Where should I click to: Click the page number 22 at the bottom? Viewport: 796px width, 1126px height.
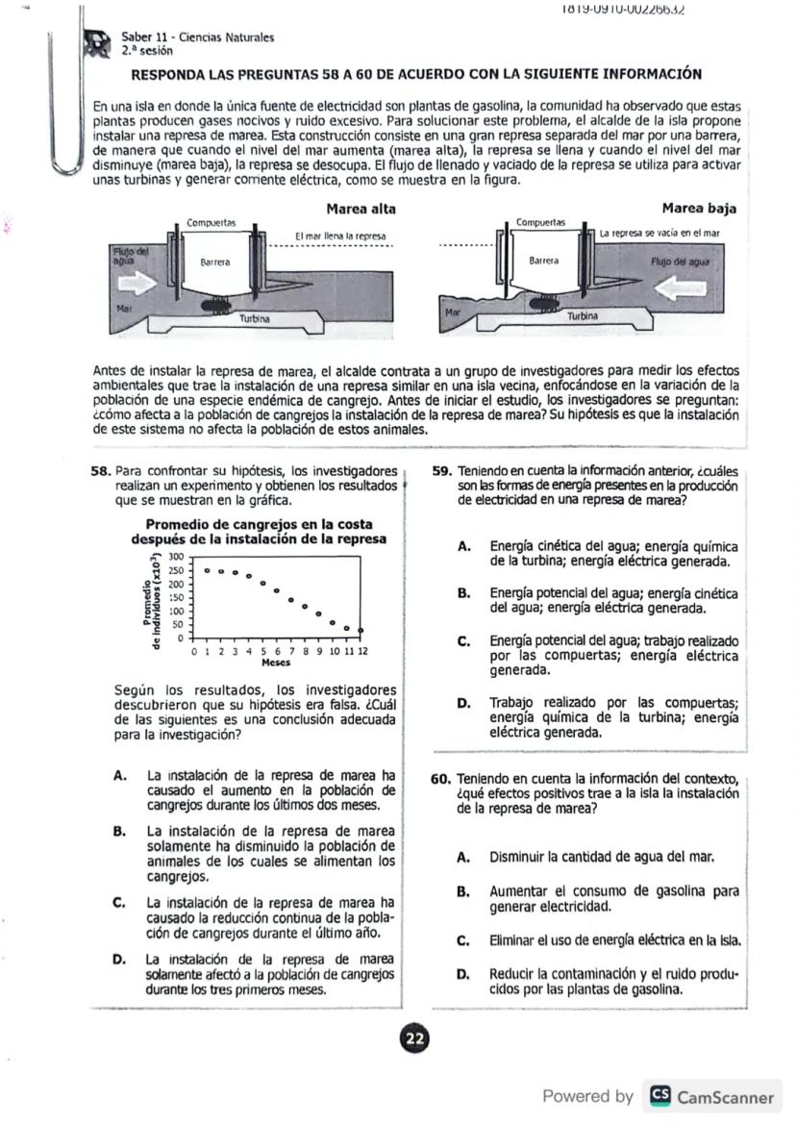(x=414, y=1038)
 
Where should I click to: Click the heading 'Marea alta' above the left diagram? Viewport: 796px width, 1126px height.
(x=361, y=209)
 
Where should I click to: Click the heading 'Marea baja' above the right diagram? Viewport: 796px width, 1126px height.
(x=698, y=209)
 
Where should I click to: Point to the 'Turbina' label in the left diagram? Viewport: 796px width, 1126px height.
(x=254, y=317)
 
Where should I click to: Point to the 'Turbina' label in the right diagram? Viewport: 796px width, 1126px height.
(x=583, y=315)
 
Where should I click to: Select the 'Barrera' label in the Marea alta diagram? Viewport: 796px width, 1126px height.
(x=214, y=261)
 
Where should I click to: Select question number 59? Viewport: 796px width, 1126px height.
(x=442, y=472)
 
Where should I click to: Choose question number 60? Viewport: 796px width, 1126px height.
(x=441, y=778)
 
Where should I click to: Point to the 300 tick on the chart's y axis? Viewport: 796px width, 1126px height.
(x=176, y=557)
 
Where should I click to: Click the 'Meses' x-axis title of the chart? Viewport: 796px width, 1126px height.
(x=277, y=663)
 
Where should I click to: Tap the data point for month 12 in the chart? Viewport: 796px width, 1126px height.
(x=361, y=630)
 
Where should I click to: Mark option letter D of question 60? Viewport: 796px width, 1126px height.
(x=463, y=974)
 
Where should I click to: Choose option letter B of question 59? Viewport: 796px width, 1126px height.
(x=463, y=593)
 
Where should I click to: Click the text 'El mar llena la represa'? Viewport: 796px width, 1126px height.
(x=339, y=236)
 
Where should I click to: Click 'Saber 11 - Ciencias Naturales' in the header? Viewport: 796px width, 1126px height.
(x=197, y=38)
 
